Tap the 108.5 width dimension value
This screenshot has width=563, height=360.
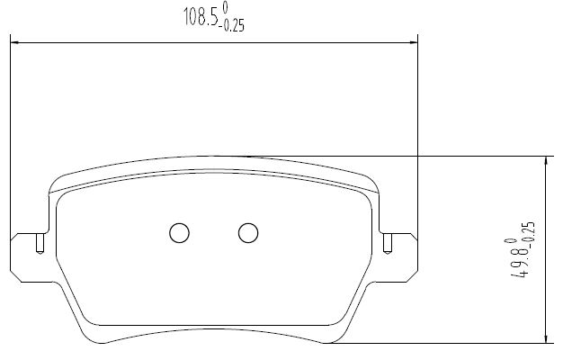coord(201,17)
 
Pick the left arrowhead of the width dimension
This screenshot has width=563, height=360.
coord(15,43)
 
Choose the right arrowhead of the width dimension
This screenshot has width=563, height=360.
coord(414,43)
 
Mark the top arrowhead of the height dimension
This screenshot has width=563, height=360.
coord(546,161)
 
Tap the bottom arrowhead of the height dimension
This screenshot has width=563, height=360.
coord(546,338)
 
